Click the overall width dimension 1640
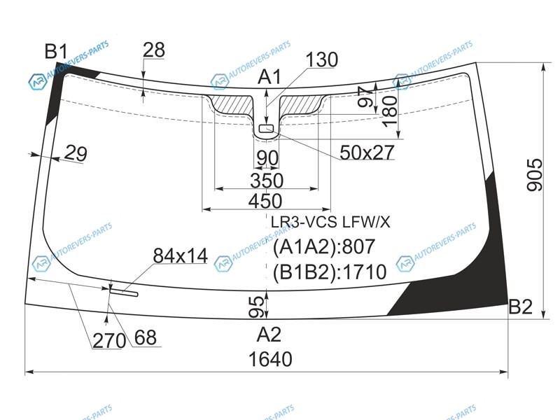pos(270,359)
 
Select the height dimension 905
pos(535,175)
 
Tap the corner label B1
pos(56,51)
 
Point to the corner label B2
pos(520,307)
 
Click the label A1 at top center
pos(269,77)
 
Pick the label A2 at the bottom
pos(269,335)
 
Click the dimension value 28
pos(154,50)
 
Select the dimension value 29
pos(76,153)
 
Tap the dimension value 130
pos(321,59)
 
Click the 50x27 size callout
pos(367,153)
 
